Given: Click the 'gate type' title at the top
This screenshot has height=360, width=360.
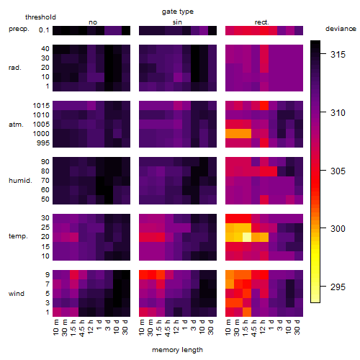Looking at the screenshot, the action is coord(178,12).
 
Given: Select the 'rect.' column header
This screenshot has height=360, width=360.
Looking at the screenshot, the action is coord(262,22).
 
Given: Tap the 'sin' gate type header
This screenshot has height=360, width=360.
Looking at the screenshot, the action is coord(177,22).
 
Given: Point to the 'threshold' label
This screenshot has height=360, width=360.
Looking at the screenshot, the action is coord(40,17).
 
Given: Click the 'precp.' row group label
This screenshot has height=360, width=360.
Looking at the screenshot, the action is coord(19,29).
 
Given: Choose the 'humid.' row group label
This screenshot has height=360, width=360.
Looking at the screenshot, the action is coord(20,181).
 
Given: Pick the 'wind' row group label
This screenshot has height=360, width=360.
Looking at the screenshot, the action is coord(17,294).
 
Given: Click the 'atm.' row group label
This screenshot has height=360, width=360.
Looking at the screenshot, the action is coord(16,125).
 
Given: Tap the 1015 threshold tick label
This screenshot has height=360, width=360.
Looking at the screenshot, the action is coord(41,106).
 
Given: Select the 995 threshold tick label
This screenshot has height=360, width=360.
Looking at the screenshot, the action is coord(43,143).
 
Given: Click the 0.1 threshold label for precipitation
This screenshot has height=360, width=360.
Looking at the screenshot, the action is coord(44,30).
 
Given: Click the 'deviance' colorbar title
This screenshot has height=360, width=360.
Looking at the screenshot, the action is coord(341,29).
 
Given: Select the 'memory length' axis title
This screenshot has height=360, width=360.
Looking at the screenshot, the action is coord(177,350).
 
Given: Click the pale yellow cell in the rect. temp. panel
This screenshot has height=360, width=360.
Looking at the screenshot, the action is coord(247,237).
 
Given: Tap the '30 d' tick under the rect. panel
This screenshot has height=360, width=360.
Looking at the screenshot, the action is coord(297,327).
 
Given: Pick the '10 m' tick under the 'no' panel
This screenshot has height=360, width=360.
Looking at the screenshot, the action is coord(55,327).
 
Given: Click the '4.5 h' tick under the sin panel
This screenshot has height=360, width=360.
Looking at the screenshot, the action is coord(168,328).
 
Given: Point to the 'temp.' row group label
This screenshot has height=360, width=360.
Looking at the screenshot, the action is coord(18,236).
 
